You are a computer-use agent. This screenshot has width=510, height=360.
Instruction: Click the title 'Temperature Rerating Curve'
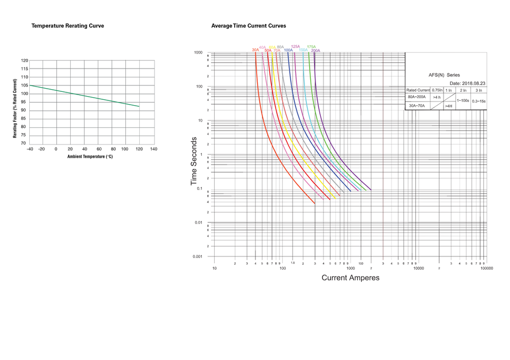click(x=67, y=25)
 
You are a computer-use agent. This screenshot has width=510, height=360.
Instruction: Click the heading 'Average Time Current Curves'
click(x=249, y=25)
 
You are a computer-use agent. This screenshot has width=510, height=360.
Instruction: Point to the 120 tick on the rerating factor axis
click(x=24, y=61)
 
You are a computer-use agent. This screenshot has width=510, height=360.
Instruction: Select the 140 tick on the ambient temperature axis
click(x=154, y=149)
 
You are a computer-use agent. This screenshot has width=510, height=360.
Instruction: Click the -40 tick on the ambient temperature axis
click(x=30, y=149)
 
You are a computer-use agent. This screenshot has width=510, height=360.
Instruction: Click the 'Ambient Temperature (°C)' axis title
click(x=90, y=157)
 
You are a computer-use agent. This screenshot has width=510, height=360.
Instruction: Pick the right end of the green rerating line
click(x=139, y=107)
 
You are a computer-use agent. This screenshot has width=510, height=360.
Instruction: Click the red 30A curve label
click(x=256, y=50)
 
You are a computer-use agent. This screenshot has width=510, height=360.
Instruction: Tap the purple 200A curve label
click(x=316, y=50)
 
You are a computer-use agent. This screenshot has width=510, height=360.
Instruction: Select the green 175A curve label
click(x=311, y=47)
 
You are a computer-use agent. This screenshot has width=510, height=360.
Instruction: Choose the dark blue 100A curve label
click(x=288, y=50)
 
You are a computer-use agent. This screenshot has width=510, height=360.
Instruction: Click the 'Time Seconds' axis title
click(x=194, y=161)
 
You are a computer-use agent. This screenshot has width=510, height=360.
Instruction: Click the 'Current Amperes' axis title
click(x=350, y=278)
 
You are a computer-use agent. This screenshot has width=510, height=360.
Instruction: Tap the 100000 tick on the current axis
click(x=487, y=268)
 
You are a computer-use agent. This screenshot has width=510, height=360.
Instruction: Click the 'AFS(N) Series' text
click(x=444, y=75)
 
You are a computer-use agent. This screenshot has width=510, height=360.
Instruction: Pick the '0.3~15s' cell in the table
click(x=479, y=101)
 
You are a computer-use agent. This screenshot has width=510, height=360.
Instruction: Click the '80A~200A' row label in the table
click(x=416, y=97)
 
